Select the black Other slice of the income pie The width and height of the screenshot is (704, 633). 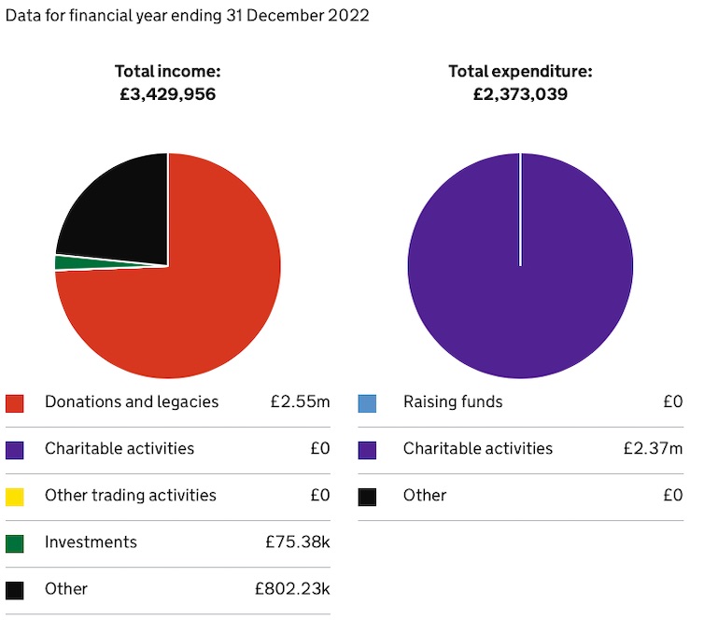[x=117, y=210]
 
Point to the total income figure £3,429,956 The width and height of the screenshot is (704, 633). [x=168, y=94]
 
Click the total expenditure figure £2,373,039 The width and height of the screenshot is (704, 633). [x=520, y=94]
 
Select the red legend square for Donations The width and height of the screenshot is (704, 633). [x=15, y=403]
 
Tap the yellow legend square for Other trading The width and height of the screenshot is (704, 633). [x=15, y=497]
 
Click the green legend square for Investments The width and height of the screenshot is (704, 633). [x=15, y=543]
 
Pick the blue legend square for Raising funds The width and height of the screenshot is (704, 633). [x=367, y=403]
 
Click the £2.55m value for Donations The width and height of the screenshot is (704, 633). [x=300, y=402]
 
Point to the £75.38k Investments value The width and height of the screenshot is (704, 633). [x=298, y=542]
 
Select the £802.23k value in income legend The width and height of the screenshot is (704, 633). [x=292, y=589]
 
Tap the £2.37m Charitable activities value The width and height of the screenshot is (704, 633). [x=653, y=449]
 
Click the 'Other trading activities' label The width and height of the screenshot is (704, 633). [x=130, y=496]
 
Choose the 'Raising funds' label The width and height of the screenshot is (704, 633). [x=453, y=402]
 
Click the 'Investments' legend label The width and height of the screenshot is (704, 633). [x=91, y=542]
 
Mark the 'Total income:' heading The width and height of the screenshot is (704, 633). [x=168, y=71]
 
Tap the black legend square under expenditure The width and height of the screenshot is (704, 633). [x=367, y=497]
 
